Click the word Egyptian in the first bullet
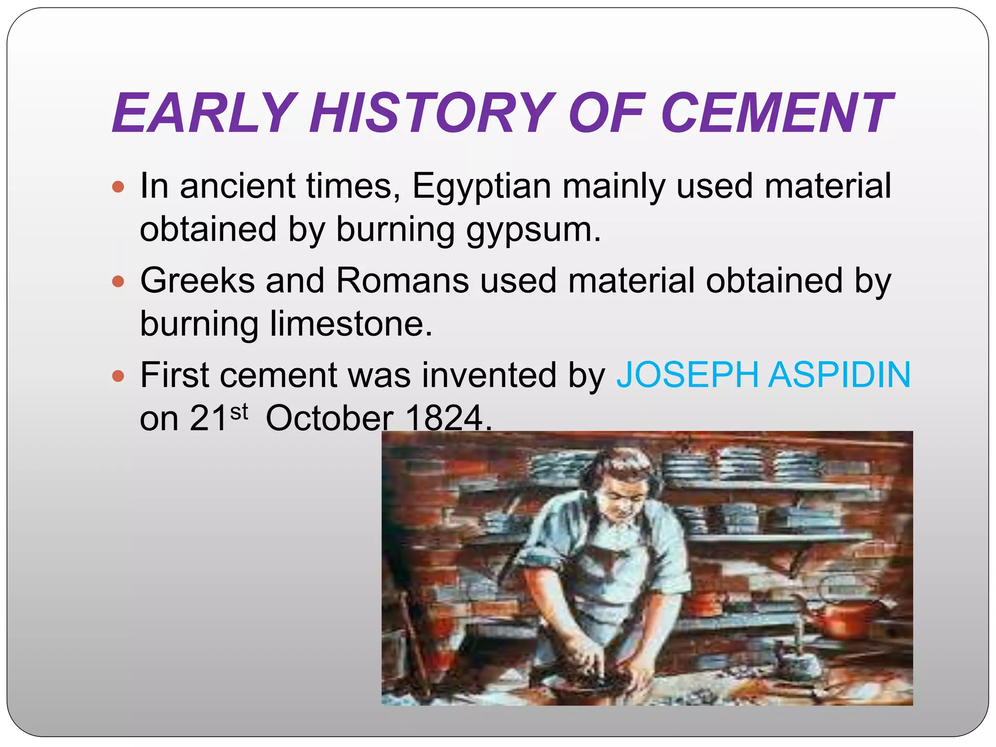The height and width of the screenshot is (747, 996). tap(481, 187)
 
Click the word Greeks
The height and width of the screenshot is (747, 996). tap(197, 281)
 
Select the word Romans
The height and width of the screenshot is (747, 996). tap(402, 281)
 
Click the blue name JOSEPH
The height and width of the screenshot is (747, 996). tap(687, 375)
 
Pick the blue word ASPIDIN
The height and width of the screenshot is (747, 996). tap(839, 375)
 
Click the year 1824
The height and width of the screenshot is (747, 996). tap(444, 418)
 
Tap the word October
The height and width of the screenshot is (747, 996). tap(329, 418)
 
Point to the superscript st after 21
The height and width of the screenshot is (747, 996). tap(239, 411)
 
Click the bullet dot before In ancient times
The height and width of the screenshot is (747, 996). tap(118, 187)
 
